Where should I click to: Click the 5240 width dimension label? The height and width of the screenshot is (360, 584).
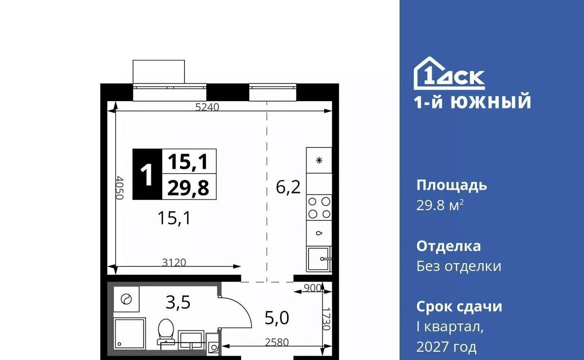[x=207, y=107]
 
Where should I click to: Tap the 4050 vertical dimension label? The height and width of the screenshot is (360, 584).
[x=119, y=188]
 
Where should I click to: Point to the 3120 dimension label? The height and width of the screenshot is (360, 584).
[x=174, y=263]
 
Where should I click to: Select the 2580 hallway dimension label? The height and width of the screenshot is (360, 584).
[x=277, y=342]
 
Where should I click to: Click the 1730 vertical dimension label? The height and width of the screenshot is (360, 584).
[x=326, y=319]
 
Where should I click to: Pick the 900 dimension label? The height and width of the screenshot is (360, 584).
[x=312, y=288]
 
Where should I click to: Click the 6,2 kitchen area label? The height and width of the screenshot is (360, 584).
[x=288, y=187]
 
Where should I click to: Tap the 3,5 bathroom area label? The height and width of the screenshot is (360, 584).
[x=178, y=303]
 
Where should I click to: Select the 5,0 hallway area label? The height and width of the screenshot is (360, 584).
[x=277, y=318]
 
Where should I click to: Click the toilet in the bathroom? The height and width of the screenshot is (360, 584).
[x=166, y=332]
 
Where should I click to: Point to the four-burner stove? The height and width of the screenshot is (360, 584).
[x=319, y=208]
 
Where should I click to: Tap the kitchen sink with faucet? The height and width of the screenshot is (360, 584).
[x=319, y=259]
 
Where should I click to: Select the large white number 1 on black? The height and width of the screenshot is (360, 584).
[x=147, y=174]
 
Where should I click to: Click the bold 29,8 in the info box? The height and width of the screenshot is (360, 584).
[x=188, y=188]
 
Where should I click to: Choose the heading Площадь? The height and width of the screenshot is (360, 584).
[x=452, y=186]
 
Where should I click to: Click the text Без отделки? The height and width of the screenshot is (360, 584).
[x=458, y=266]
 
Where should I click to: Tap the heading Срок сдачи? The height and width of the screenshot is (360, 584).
[x=459, y=306]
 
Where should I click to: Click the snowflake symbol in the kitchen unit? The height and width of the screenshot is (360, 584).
[x=319, y=161]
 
